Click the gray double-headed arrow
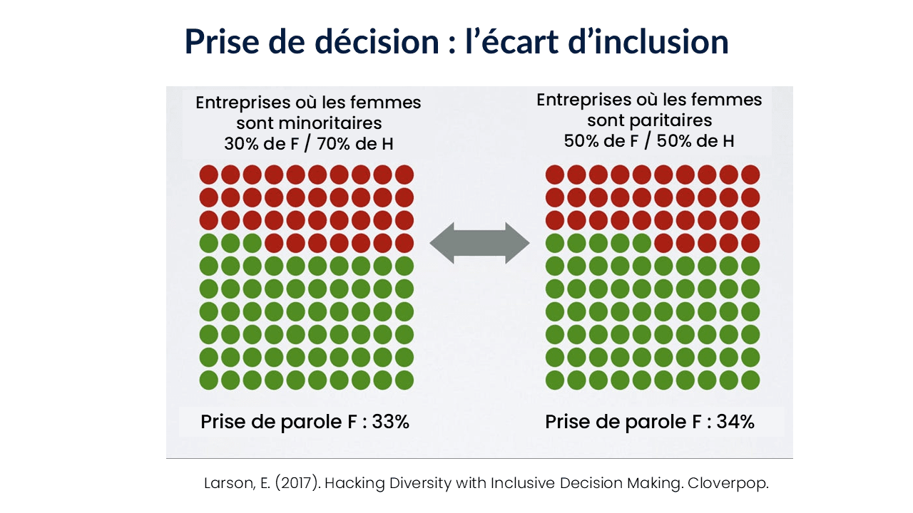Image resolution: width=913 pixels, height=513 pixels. coord(479,243)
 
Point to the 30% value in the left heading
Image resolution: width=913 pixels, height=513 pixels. coord(241,143)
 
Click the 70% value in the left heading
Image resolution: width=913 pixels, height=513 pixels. coord(332,143)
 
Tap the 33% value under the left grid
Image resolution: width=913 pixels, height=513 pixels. coord(391,422)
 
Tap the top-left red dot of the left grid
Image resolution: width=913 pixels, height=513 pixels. coord(208,175)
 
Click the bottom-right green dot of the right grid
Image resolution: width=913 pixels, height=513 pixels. coord(750,380)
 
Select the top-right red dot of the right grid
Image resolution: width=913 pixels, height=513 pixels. coord(750,175)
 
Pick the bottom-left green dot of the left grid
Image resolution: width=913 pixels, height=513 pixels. coord(208,380)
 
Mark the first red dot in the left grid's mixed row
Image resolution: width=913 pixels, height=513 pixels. coord(274,243)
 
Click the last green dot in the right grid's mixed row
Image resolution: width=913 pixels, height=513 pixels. coord(641,243)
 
